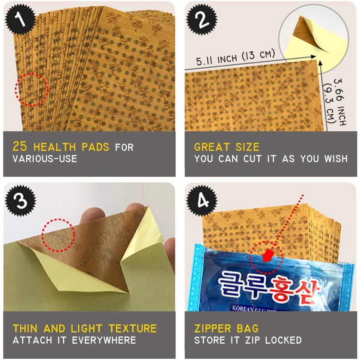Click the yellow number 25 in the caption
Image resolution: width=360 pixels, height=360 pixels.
(x=20, y=147)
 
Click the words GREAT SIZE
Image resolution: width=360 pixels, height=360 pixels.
(x=226, y=147)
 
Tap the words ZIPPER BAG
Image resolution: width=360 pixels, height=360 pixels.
(x=226, y=328)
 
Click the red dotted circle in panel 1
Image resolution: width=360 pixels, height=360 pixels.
(x=31, y=90)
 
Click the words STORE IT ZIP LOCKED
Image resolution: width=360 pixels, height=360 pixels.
(x=248, y=340)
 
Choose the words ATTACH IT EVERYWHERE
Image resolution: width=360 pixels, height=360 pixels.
(x=74, y=340)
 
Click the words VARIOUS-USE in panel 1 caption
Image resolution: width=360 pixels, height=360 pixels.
(x=45, y=159)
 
